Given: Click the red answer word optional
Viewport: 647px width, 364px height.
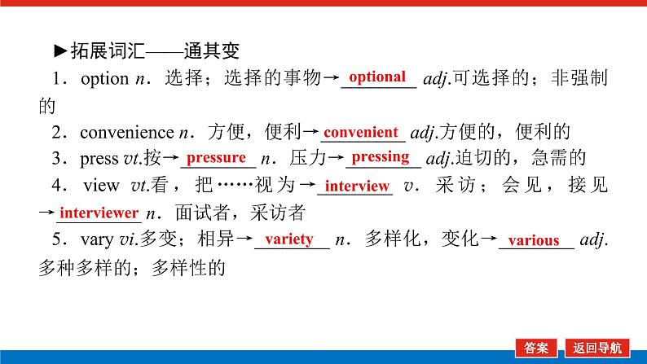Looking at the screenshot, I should click(376, 77).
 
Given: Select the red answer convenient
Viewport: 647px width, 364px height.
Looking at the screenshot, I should click(359, 131).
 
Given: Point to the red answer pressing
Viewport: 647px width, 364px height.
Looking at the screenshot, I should click(381, 156).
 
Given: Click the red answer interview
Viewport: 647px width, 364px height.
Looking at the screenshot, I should click(358, 186).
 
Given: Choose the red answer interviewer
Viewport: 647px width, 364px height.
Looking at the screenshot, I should click(99, 213).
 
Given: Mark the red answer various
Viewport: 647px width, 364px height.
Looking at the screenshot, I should click(534, 240).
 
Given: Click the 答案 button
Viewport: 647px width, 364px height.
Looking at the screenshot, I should click(537, 348).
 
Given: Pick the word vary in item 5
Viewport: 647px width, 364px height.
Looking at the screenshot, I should click(96, 240).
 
